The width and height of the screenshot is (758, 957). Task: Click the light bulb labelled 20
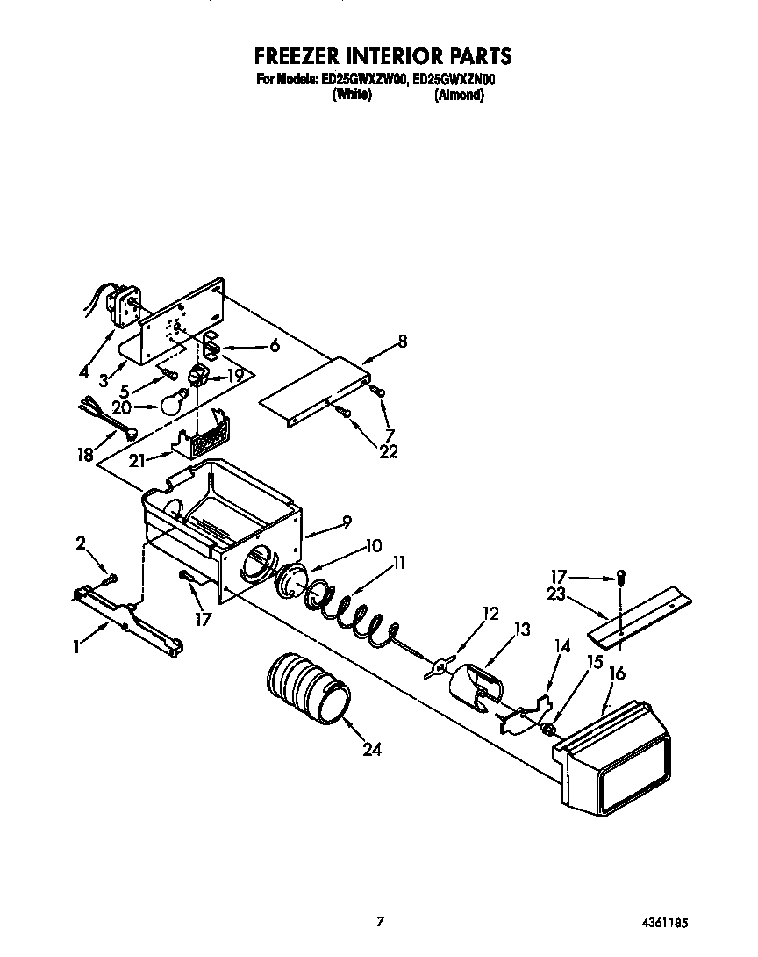(x=173, y=402)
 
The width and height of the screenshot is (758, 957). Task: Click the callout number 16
(x=617, y=673)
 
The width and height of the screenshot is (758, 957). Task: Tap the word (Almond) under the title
(x=459, y=95)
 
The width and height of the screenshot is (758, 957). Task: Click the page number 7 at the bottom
(x=380, y=921)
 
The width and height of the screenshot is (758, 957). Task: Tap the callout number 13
(x=522, y=629)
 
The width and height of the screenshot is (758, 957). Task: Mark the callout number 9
(x=347, y=522)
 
